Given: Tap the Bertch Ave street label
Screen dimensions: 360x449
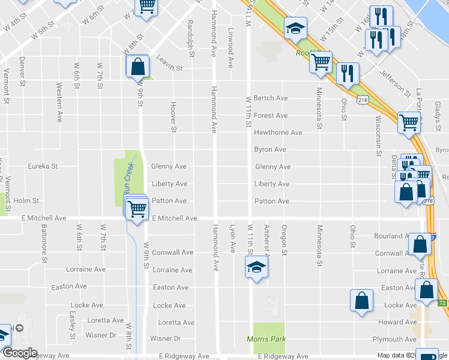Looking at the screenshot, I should pos(271,98).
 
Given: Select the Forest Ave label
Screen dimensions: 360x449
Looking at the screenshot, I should pos(271,115).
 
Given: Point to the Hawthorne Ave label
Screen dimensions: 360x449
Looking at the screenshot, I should pos(278,132).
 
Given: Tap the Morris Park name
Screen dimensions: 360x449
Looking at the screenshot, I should pos(267,339).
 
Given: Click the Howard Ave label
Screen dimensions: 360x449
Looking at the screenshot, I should pos(399,322).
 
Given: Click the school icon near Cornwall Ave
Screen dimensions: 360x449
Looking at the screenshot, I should pos(256,267).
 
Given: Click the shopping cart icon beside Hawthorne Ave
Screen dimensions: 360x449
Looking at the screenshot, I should pos(409,122).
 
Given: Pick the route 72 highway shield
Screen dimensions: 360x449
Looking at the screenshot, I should pos(442,302).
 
